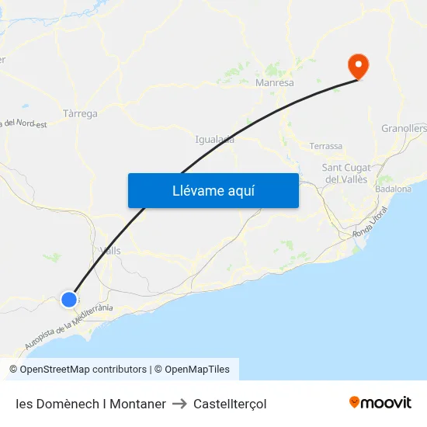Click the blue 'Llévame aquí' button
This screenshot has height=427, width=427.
click(x=213, y=190)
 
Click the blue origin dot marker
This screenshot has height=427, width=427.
click(x=69, y=299)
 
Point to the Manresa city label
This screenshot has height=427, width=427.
click(x=275, y=82)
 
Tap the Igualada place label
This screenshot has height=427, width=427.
click(x=215, y=140)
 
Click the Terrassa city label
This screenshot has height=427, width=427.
click(x=325, y=146)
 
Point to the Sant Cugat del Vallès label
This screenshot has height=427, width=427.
click(x=346, y=173)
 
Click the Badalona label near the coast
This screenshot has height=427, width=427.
click(x=393, y=189)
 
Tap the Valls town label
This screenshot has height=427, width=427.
click(x=110, y=250)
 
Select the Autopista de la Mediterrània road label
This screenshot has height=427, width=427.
click(x=69, y=325)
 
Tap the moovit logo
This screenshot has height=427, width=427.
click(x=380, y=403)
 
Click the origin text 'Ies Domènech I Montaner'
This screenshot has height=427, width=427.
click(x=90, y=404)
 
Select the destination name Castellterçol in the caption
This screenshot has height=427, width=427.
click(x=230, y=404)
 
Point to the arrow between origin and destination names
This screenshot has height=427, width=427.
click(x=179, y=404)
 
